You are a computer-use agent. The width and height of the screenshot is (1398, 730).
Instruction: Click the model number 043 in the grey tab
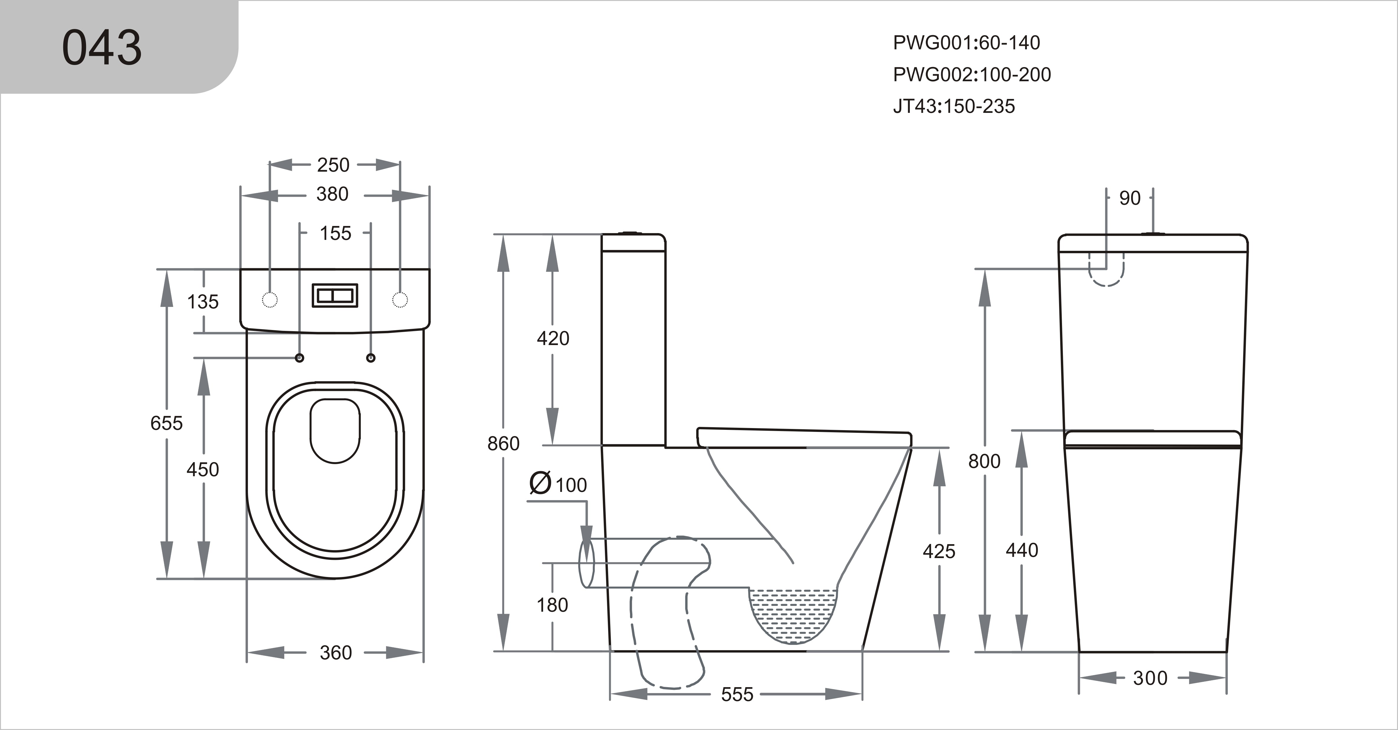tap(102, 48)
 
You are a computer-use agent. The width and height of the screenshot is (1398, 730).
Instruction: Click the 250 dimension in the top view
tap(333, 165)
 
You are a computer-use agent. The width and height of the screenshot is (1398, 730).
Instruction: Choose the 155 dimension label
tap(335, 233)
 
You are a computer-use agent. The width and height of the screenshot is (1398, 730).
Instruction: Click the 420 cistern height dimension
tap(553, 339)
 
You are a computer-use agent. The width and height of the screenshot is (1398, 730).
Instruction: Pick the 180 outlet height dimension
tap(552, 605)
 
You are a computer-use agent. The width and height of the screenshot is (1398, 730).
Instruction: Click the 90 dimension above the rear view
tap(1130, 199)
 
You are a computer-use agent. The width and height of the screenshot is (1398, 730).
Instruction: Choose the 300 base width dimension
tap(1150, 678)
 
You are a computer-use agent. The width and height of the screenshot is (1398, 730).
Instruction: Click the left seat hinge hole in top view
tap(300, 358)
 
